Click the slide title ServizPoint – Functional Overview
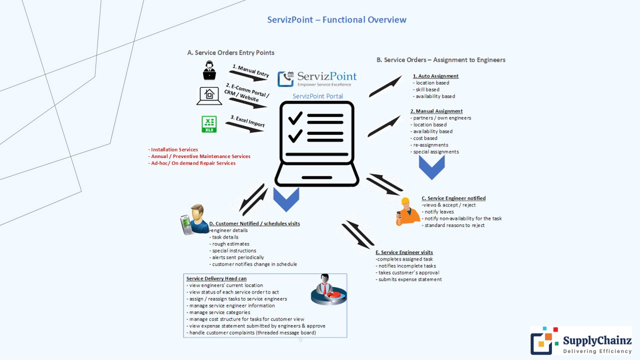point(336,20)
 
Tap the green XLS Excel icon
point(209,124)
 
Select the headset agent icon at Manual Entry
point(209,70)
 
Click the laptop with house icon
point(209,96)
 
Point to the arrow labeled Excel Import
point(244,127)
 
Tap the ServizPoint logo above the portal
point(317,78)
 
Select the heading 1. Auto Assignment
point(435,76)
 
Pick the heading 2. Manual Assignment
point(436,111)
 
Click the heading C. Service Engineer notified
point(453,198)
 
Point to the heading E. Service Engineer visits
point(404,252)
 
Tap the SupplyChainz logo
point(580,340)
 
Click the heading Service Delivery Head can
point(216,278)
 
